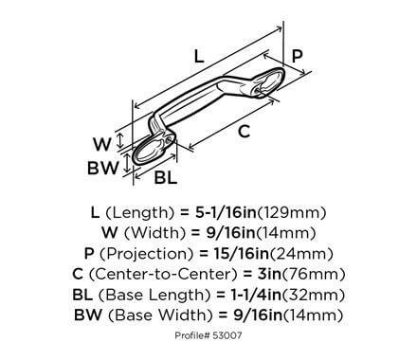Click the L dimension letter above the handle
pyautogui.click(x=199, y=56)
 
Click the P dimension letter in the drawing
pyautogui.click(x=297, y=57)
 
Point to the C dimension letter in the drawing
pyautogui.click(x=244, y=132)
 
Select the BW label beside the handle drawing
pyautogui.click(x=101, y=170)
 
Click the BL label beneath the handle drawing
pyautogui.click(x=165, y=177)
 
